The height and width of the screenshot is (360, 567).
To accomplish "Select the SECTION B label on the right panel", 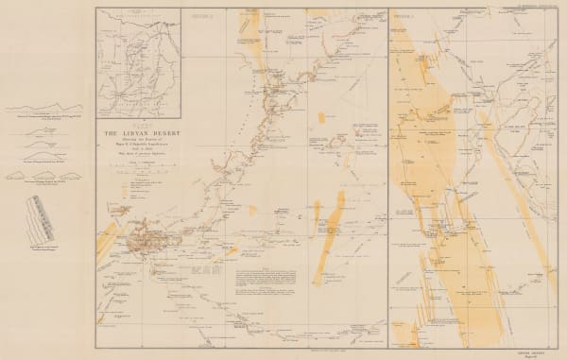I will (x=407, y=16).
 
